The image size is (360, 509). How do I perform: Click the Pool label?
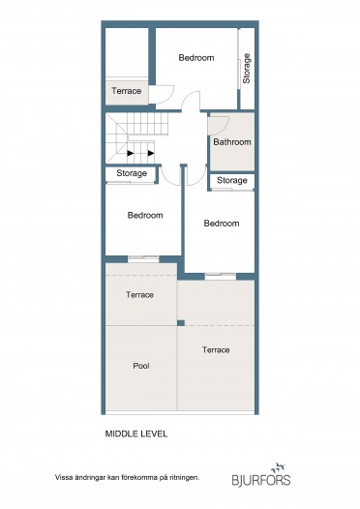coord(141,366)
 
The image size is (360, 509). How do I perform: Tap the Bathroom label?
coord(232,142)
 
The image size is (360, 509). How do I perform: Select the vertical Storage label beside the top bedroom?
coord(247,69)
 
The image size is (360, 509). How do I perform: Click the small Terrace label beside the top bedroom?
coord(126,91)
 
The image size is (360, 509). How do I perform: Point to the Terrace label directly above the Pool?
coord(139,295)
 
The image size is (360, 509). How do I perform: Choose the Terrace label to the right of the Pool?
coord(216,350)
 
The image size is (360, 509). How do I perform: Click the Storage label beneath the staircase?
coord(132,173)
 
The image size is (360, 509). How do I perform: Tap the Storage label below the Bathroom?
coord(232,181)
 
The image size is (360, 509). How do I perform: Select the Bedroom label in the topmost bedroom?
coord(196,58)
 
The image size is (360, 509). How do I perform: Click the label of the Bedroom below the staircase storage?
coord(145,215)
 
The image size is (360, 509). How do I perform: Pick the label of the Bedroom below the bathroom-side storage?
coord(222,224)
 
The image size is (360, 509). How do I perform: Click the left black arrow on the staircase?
coord(131,153)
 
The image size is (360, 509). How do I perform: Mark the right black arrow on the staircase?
coord(151,153)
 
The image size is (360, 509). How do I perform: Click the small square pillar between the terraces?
coord(181,323)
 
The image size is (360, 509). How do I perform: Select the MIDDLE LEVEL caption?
coord(136,434)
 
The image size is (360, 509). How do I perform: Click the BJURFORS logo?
coord(261,474)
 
